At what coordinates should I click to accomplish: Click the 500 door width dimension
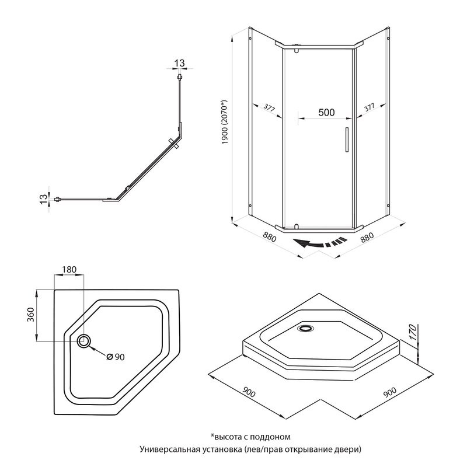tap(326, 112)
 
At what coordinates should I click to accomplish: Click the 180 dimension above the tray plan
tap(69, 269)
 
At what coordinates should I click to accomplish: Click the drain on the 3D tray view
tap(305, 329)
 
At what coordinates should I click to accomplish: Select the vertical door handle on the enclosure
tap(346, 141)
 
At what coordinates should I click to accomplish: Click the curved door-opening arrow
tap(318, 244)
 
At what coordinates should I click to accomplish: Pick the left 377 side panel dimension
tap(269, 107)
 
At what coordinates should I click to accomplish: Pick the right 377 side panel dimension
tap(369, 107)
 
